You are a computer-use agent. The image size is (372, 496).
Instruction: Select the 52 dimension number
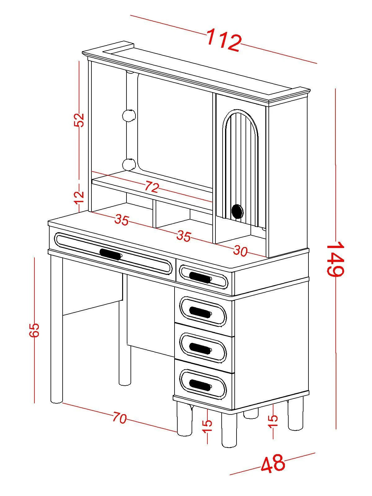click(79, 120)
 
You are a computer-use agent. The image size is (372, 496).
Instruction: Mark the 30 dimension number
click(240, 251)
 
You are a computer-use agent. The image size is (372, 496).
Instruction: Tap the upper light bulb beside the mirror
click(129, 115)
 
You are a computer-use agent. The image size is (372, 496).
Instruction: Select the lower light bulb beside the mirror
click(129, 164)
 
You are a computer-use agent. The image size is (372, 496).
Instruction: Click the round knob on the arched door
click(237, 211)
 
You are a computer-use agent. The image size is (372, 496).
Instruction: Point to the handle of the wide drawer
click(111, 254)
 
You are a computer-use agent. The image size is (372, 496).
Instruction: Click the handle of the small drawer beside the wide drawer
click(200, 277)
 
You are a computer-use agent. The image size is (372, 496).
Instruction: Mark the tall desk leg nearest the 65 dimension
click(56, 332)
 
